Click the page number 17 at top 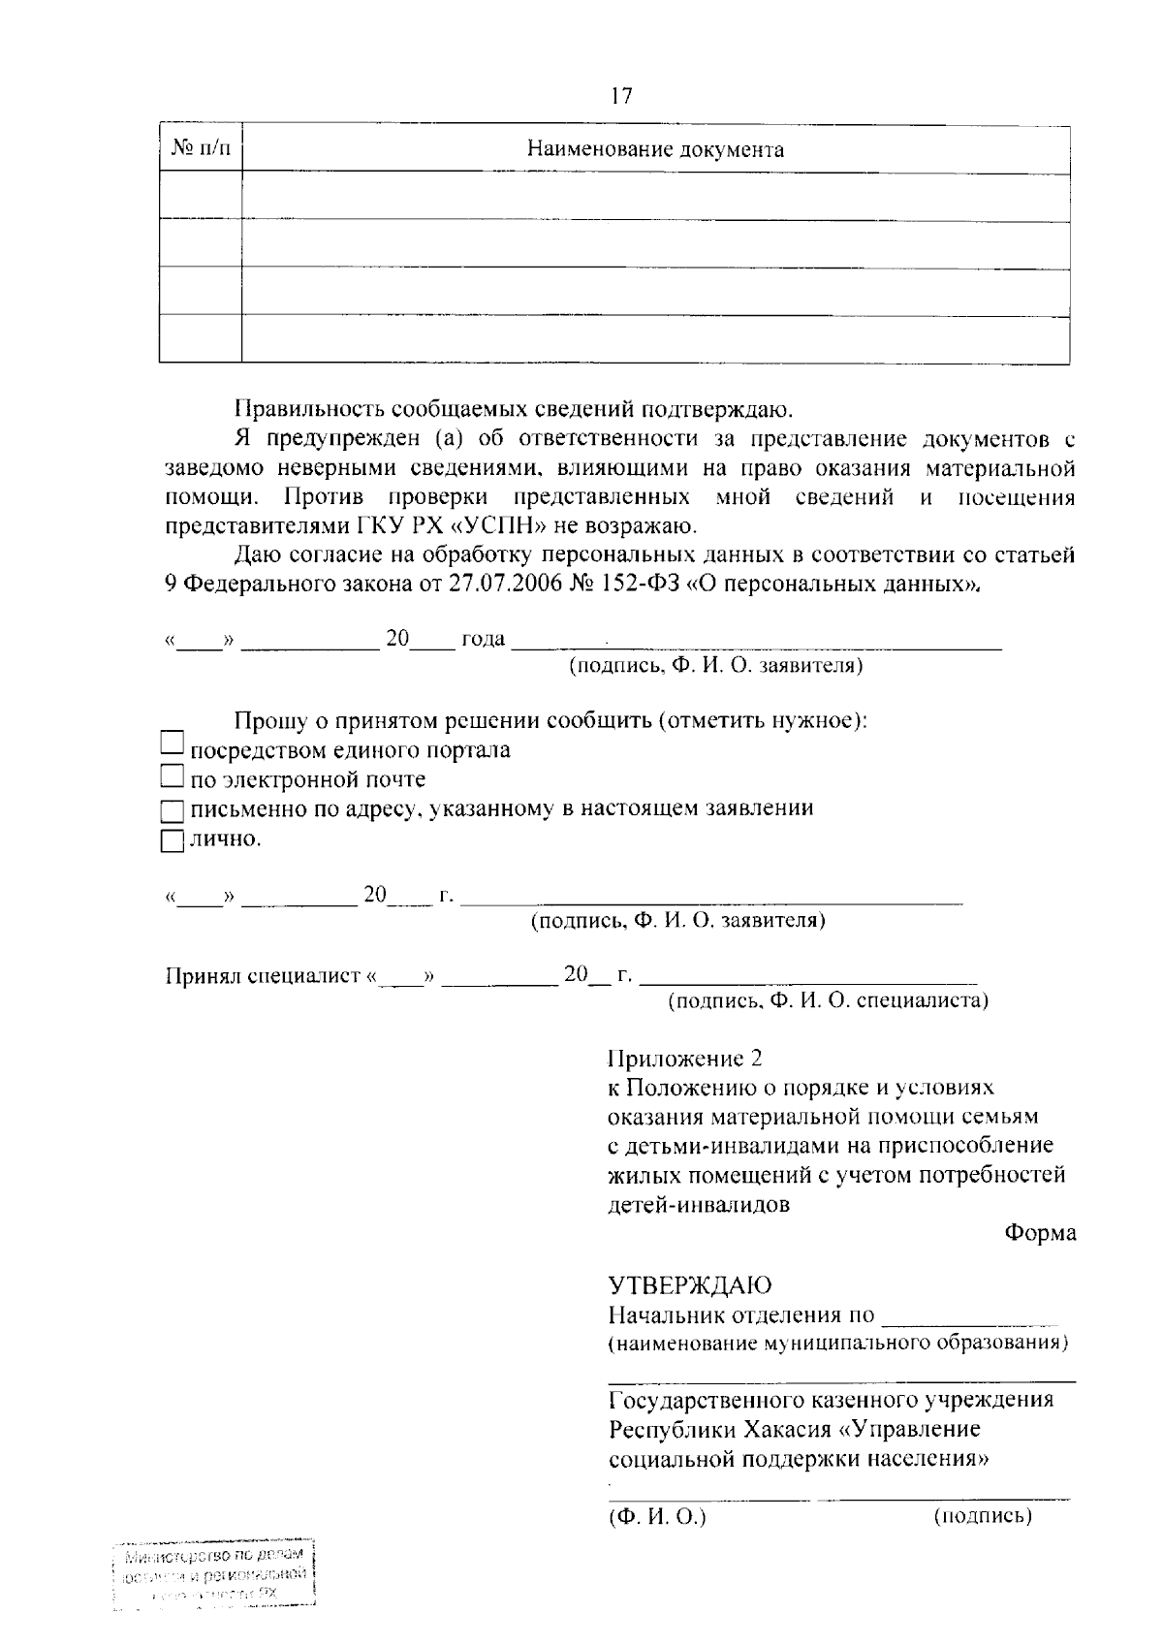click(x=621, y=96)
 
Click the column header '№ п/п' click(x=201, y=148)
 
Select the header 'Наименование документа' click(x=655, y=149)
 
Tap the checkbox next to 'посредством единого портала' click(x=172, y=744)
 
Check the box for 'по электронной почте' click(x=172, y=776)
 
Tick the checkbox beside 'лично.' click(x=172, y=840)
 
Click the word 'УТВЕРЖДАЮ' click(x=689, y=1285)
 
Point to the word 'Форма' click(x=1040, y=1233)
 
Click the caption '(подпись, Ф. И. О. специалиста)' click(x=829, y=1000)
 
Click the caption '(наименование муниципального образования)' click(x=838, y=1344)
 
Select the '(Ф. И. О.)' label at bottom click(x=657, y=1516)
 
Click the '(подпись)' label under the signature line click(x=982, y=1516)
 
